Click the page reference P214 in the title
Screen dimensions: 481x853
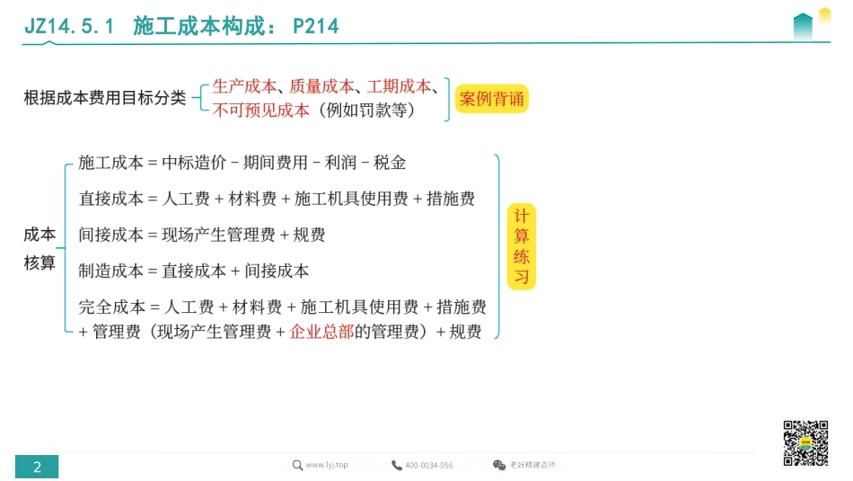point(316,26)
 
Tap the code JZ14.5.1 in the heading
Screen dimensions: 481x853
point(69,26)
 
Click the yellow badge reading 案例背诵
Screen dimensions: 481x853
point(491,99)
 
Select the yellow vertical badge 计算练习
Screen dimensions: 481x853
point(521,246)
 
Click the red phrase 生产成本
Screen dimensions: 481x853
point(245,87)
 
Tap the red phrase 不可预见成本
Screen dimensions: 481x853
point(260,111)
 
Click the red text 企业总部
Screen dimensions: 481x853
point(321,332)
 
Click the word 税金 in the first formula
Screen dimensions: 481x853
point(390,163)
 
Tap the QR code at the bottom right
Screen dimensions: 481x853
point(805,442)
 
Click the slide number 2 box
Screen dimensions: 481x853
point(37,467)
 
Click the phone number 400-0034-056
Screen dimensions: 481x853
point(429,466)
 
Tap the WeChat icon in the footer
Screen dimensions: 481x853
point(499,465)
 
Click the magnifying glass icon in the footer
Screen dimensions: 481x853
point(297,465)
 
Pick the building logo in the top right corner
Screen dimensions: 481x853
point(810,24)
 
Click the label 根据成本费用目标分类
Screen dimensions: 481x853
point(105,98)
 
